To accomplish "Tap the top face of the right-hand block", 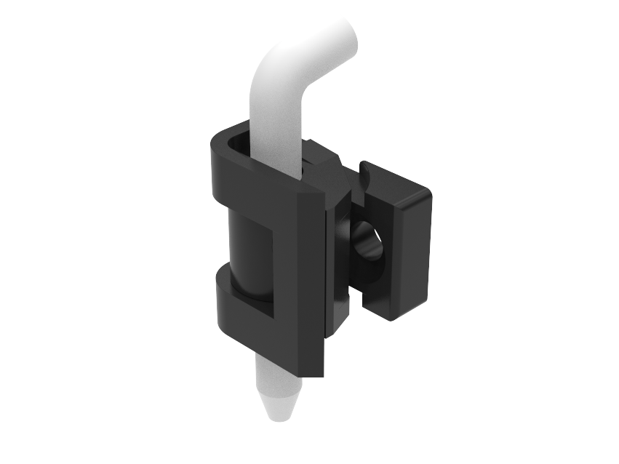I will click(396, 185).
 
